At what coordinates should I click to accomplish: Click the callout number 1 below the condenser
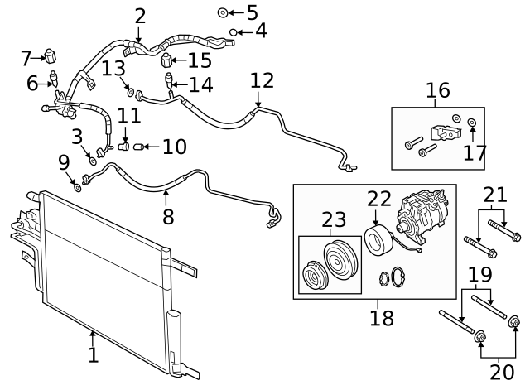[x=93, y=356]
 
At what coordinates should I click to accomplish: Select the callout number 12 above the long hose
[x=262, y=81]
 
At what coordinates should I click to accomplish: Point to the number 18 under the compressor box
[x=382, y=318]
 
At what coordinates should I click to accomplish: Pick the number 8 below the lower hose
[x=167, y=216]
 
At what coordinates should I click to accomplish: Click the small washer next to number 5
[x=223, y=12]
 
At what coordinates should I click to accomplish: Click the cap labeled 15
[x=168, y=60]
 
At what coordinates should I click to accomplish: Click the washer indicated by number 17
[x=471, y=123]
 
